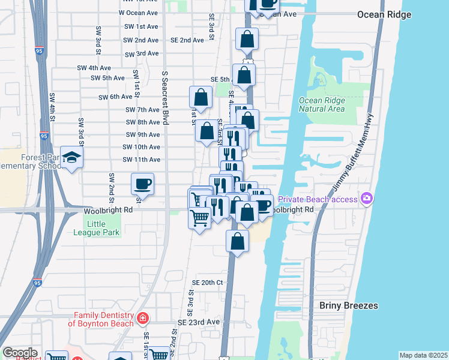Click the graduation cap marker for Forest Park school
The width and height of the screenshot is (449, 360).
tap(72, 158)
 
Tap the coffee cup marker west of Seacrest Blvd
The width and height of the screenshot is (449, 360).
tap(142, 184)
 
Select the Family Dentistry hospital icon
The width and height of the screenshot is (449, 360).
tap(143, 317)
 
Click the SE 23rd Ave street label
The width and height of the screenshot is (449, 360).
tap(199, 322)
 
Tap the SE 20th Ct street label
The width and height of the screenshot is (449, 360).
tap(207, 283)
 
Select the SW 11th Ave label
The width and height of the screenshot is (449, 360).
tap(141, 160)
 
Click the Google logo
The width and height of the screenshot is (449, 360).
tap(20, 353)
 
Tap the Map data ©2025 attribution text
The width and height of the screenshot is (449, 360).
tap(423, 355)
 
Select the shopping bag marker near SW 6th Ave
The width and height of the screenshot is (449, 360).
tap(200, 97)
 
